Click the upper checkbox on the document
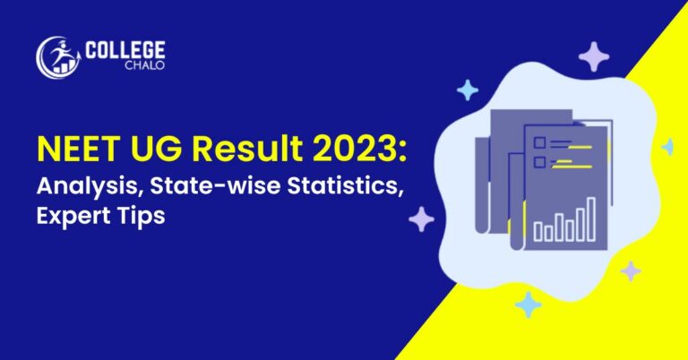pos(539,143)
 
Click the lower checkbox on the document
pos(539,162)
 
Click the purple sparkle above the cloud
pos(592,57)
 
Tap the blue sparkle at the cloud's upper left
pos(467,90)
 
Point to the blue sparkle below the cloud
pos(528,304)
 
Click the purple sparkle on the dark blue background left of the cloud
pos(421,219)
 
